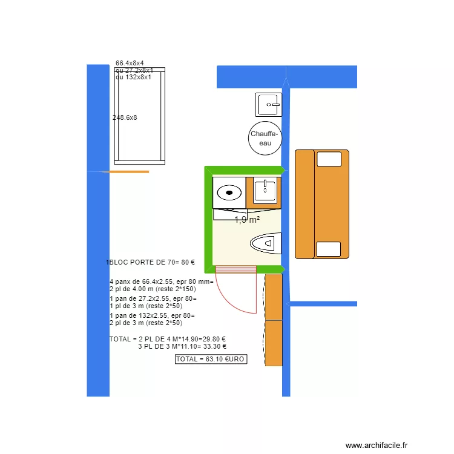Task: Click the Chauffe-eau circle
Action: [x=265, y=139]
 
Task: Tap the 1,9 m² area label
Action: [x=247, y=220]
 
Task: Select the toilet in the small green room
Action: [x=267, y=243]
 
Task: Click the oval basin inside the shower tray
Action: [x=229, y=193]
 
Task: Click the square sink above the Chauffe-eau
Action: [x=268, y=105]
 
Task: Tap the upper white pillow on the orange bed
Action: [x=329, y=159]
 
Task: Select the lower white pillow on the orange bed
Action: [x=329, y=249]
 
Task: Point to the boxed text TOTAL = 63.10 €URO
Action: [x=211, y=359]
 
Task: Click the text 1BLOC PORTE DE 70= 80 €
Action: [x=151, y=262]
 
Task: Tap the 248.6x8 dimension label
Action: [x=125, y=117]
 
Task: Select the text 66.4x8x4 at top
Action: [x=130, y=63]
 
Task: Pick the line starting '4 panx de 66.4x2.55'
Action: [x=162, y=281]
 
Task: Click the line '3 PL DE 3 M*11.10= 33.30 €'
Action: [x=182, y=347]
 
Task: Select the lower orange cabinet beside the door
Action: [x=274, y=343]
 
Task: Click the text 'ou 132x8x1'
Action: [x=133, y=77]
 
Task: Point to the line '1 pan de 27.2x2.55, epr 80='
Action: [x=153, y=298]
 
